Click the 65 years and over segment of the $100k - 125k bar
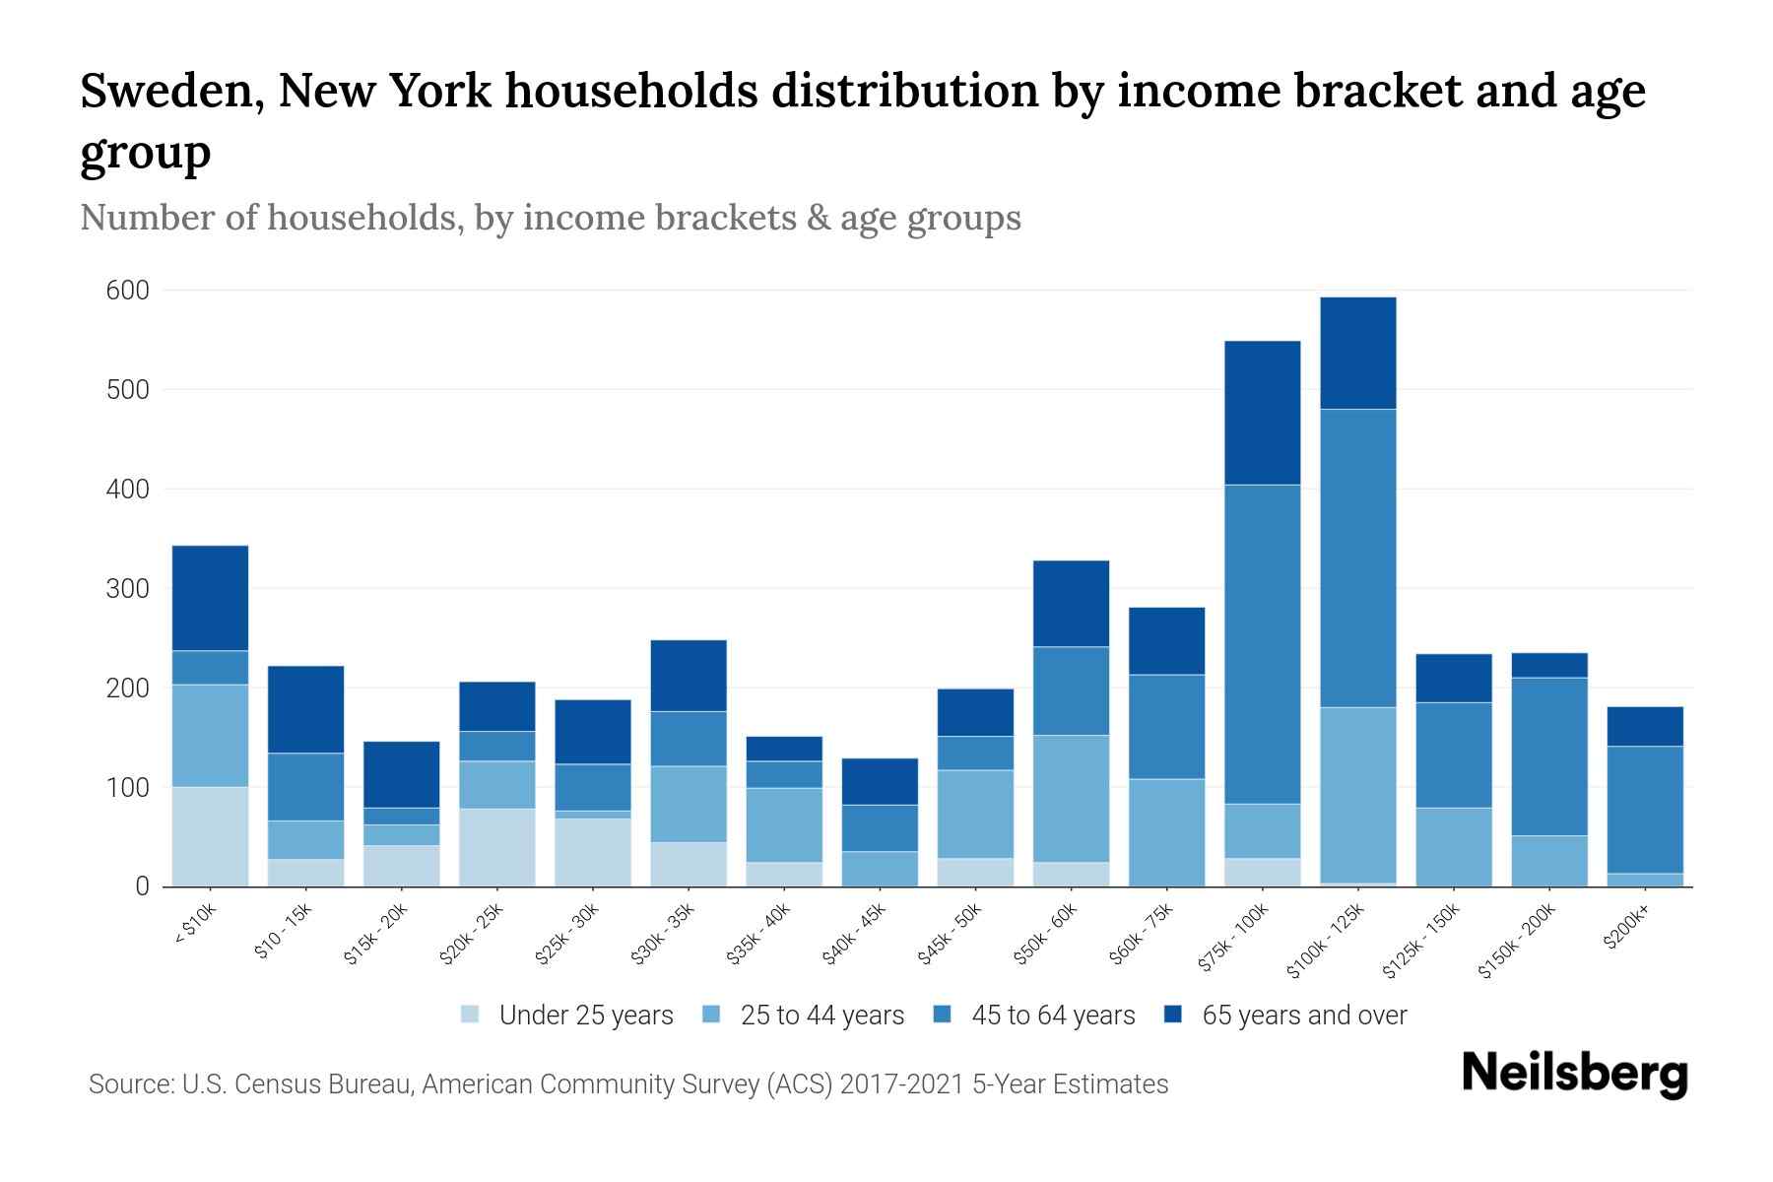1358,353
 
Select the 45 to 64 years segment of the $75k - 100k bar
1262,644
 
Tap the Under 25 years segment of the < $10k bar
210,836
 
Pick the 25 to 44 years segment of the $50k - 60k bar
1071,798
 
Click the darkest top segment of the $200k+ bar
1645,726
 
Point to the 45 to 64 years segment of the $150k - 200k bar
1549,756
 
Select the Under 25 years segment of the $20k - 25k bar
497,847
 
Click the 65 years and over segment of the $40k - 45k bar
880,781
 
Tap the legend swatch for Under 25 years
471,1015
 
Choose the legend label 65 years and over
1303,1015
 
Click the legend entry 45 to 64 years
1052,1015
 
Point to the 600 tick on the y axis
128,291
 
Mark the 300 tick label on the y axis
128,589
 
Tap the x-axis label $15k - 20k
377,933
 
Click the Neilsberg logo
1574,1074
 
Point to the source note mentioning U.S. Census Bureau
627,1084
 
